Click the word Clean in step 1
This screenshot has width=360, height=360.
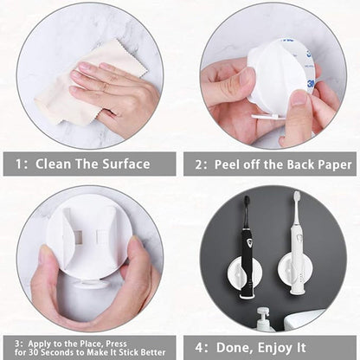(x=53, y=164)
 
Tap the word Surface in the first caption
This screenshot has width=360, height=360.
(x=126, y=164)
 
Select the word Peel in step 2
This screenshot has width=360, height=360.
(x=227, y=164)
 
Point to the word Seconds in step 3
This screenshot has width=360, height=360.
(x=59, y=352)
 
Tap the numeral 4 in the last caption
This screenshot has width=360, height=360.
(x=199, y=347)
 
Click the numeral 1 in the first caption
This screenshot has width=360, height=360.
(x=19, y=164)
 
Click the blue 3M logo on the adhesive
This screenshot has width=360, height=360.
(x=311, y=84)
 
